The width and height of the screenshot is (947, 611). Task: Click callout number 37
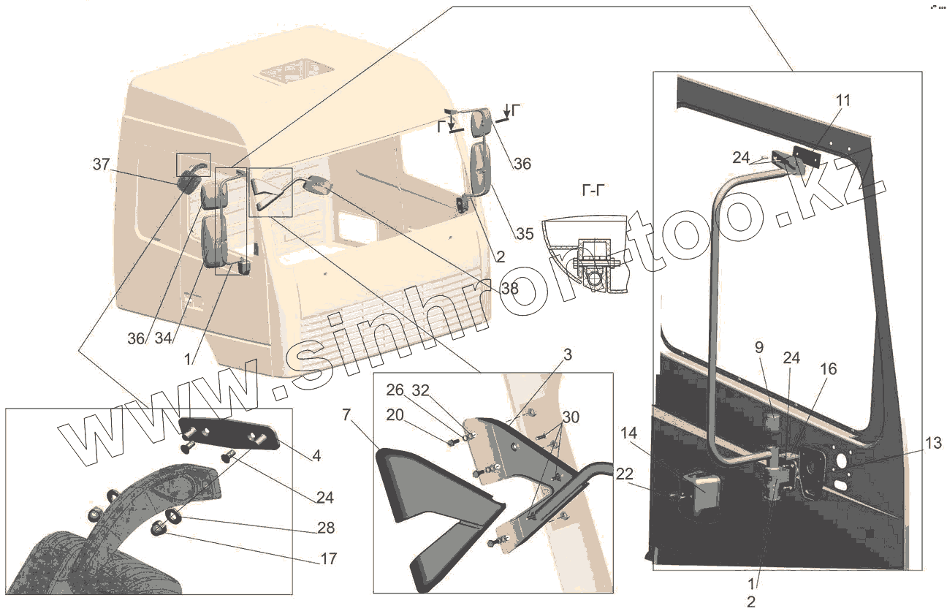101,165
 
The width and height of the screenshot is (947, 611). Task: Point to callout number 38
509,288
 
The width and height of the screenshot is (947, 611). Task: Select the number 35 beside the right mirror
524,234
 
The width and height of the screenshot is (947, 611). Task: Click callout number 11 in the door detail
843,101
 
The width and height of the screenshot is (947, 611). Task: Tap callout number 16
828,368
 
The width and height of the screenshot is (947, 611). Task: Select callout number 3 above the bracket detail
567,355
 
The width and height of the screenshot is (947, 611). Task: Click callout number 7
347,415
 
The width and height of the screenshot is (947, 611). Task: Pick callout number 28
325,528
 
